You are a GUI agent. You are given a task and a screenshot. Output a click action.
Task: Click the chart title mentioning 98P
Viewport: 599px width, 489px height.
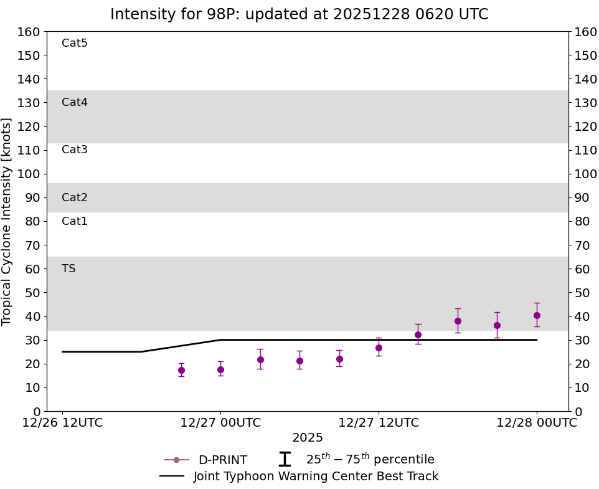tap(299, 14)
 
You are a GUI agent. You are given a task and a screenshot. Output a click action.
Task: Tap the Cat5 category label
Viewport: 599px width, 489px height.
tap(75, 43)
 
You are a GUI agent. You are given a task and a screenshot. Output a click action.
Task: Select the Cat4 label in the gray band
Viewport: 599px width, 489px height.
tap(75, 102)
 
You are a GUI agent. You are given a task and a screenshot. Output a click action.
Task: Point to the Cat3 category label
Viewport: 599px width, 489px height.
tap(75, 150)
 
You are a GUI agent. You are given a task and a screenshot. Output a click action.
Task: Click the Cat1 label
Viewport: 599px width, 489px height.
tap(75, 221)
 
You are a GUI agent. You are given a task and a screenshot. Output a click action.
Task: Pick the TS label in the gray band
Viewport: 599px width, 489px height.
tap(68, 268)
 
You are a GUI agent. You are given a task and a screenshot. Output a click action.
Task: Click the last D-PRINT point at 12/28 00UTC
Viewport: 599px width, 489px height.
tap(537, 315)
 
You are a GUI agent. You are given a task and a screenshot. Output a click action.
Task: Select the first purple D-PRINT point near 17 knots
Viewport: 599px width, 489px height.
tap(181, 370)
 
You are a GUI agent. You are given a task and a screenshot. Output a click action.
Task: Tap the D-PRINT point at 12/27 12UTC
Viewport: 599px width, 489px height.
tap(379, 348)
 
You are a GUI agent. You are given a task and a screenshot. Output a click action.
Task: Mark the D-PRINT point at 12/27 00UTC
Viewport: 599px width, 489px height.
tap(220, 369)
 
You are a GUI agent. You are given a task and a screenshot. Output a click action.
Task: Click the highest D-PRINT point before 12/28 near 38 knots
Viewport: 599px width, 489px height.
tap(458, 321)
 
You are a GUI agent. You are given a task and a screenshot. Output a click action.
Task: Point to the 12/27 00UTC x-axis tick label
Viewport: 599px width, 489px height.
tap(220, 422)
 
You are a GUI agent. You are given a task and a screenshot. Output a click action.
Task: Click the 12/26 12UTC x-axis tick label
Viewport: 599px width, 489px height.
tap(62, 422)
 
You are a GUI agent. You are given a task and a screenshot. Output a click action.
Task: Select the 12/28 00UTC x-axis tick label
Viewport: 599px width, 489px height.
tap(537, 422)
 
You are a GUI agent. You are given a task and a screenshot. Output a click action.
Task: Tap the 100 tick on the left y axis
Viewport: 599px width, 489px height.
tap(29, 174)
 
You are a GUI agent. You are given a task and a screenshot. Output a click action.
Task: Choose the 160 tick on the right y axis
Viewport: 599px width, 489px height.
tap(585, 32)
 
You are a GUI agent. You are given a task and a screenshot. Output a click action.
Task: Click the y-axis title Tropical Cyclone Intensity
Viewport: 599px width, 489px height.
tap(7, 221)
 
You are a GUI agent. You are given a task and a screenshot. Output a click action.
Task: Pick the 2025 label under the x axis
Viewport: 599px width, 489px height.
tap(308, 438)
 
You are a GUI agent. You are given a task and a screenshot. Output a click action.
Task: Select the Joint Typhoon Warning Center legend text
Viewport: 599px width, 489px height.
tap(316, 477)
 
